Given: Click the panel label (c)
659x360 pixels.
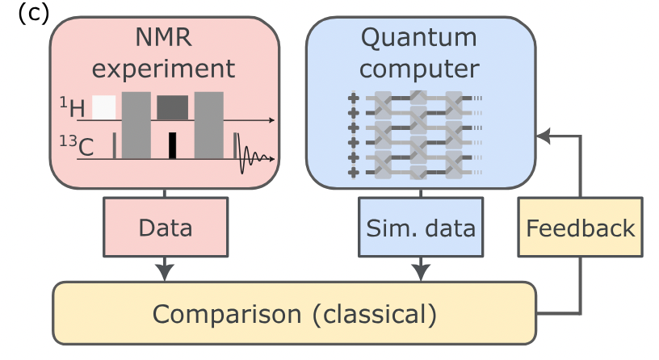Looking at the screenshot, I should coord(33,14).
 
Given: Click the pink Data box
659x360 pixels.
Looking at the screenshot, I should coord(165,228).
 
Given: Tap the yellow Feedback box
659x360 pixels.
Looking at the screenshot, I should coord(580,228).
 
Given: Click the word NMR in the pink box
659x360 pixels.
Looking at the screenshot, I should coord(164,38).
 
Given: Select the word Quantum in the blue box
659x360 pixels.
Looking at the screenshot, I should coord(420,38).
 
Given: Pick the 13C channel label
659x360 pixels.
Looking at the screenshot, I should coord(77,144).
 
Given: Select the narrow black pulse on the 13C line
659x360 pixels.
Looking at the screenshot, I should coord(172,145).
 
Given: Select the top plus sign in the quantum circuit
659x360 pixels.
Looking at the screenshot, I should coord(352,99).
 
